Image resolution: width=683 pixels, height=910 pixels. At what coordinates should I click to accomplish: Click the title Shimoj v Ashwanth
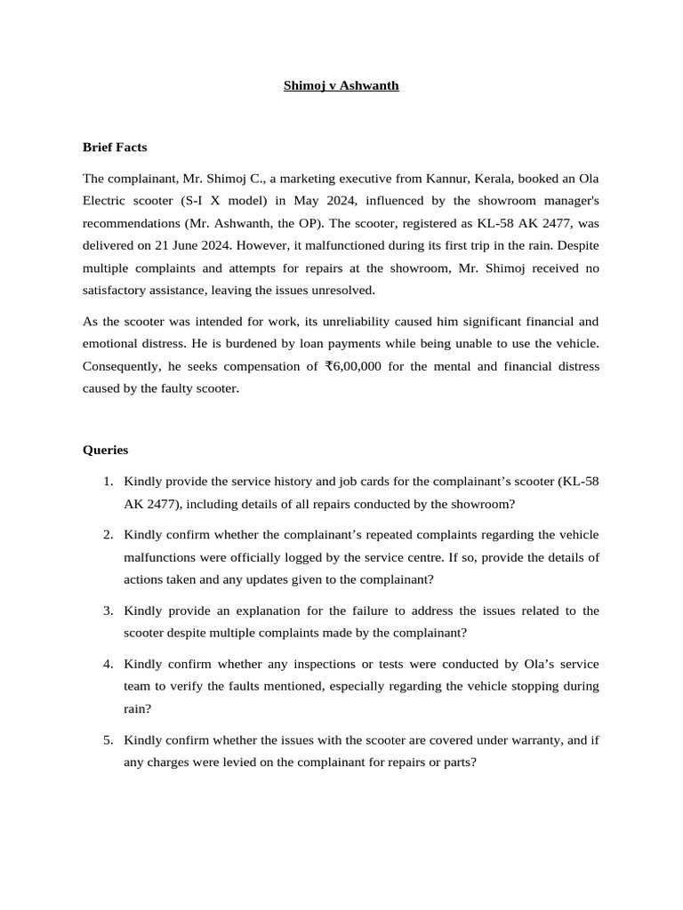tap(341, 86)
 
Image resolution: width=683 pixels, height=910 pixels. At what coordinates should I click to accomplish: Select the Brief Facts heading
tap(115, 147)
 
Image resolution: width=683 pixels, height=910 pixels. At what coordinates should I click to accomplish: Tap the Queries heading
tap(106, 450)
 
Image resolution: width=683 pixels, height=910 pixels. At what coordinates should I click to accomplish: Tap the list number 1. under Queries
tap(108, 482)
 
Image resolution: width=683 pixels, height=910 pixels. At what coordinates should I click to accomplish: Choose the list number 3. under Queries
tap(108, 611)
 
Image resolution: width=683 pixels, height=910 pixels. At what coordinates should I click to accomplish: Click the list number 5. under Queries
tap(108, 740)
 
